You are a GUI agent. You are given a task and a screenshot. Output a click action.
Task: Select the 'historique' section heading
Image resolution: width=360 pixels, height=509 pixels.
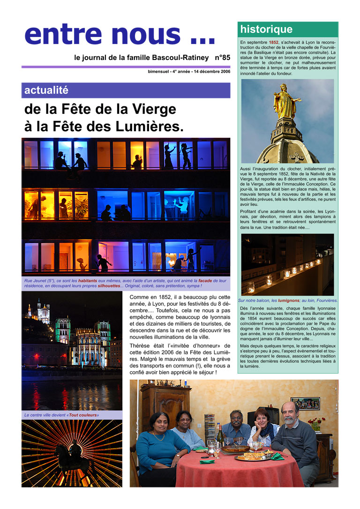(266, 30)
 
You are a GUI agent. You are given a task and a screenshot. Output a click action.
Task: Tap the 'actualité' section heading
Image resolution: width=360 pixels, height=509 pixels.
(46, 90)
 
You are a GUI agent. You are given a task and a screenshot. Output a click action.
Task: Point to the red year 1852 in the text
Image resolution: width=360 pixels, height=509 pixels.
(273, 43)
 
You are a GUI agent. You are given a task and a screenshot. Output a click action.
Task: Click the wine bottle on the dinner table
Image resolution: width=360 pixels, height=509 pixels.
(219, 434)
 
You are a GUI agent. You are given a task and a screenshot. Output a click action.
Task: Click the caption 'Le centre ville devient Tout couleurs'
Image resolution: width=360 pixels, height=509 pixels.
(61, 415)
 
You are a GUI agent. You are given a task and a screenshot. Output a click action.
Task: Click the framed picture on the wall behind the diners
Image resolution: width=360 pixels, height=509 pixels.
(305, 403)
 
